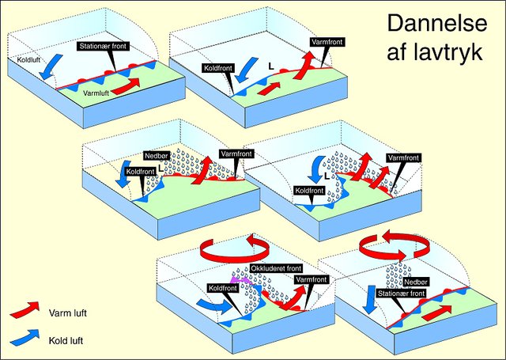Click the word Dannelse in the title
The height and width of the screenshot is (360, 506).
437,24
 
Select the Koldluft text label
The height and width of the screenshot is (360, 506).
28,59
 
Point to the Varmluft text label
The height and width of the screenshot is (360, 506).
96,93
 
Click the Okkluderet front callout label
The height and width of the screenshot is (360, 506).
276,268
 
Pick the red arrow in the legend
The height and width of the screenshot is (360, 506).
25,309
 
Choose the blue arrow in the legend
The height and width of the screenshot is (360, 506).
25,337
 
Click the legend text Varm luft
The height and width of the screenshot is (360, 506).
68,313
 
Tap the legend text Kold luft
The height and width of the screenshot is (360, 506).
66,341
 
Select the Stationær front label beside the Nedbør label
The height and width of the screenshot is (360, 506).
402,294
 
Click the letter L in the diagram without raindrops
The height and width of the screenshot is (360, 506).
271,66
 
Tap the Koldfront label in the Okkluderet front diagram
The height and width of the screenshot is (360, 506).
223,288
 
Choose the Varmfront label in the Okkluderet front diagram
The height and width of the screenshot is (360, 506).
312,279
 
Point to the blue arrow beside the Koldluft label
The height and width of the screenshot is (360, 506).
51,66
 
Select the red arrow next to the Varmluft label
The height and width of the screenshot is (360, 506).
127,86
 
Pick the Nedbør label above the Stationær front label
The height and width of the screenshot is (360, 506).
416,282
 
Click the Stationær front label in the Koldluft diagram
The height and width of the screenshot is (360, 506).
104,46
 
